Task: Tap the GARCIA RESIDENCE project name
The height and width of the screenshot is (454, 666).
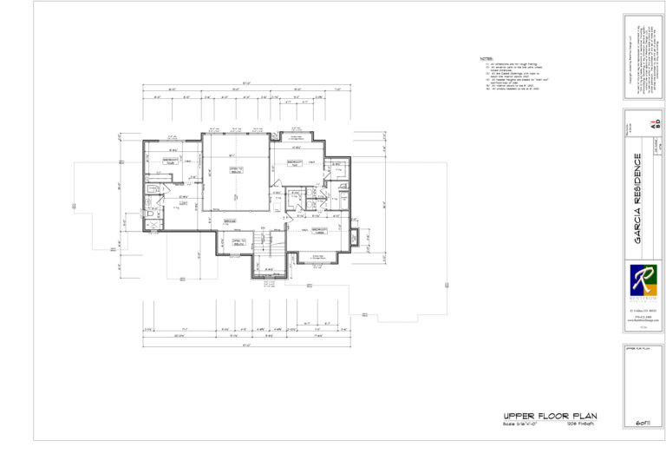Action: pyautogui.click(x=637, y=198)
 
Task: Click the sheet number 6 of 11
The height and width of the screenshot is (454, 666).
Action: pyautogui.click(x=643, y=421)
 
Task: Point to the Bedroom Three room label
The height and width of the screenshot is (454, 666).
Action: pyautogui.click(x=323, y=232)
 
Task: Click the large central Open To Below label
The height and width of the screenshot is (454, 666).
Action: pyautogui.click(x=233, y=172)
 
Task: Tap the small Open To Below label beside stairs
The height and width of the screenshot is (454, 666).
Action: pyautogui.click(x=238, y=244)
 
